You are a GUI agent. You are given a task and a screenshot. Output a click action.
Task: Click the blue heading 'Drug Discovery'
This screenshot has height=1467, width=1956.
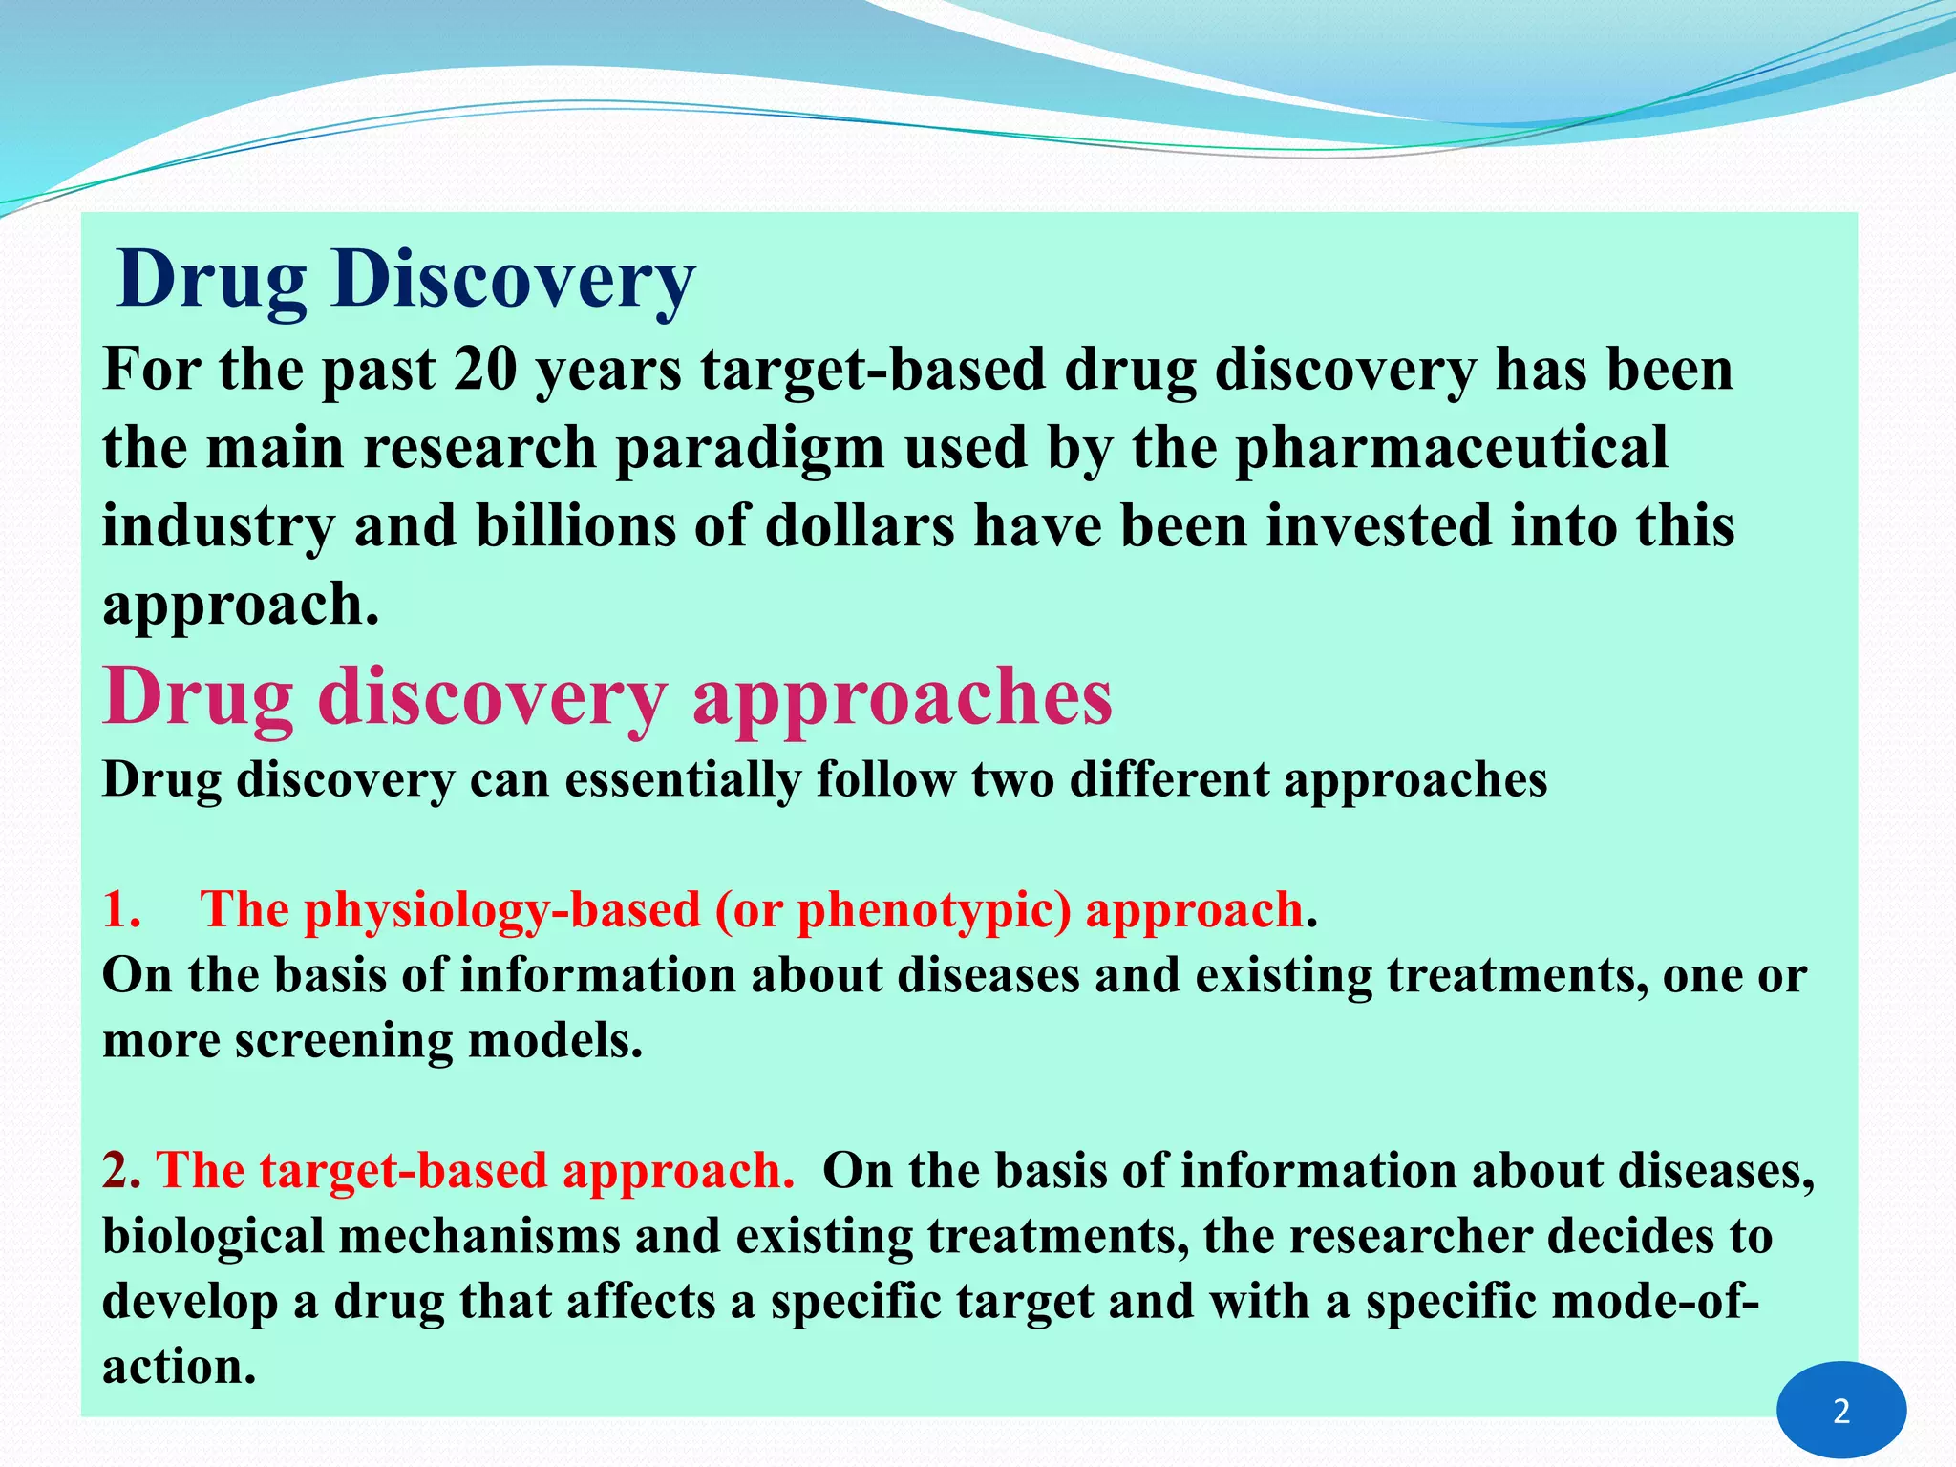tap(406, 280)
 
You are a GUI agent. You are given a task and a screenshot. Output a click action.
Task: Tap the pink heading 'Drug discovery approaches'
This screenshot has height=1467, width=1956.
tap(607, 697)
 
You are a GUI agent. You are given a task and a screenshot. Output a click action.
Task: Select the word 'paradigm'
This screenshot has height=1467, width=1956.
tap(749, 449)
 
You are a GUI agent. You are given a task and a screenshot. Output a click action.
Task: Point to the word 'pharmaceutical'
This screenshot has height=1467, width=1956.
tap(1452, 449)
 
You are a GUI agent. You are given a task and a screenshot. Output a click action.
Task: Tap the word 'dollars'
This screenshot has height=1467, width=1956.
tap(860, 527)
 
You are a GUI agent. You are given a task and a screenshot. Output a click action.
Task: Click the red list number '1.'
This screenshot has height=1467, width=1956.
tap(122, 909)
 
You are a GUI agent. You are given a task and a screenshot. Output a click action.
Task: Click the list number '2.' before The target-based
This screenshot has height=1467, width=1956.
tap(121, 1171)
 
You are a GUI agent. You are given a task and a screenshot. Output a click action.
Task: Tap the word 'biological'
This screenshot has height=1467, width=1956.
tap(213, 1236)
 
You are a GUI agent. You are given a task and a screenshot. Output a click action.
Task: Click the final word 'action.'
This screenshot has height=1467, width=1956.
tap(180, 1367)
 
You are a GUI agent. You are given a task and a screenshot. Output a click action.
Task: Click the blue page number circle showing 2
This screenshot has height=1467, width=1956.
tap(1840, 1411)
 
